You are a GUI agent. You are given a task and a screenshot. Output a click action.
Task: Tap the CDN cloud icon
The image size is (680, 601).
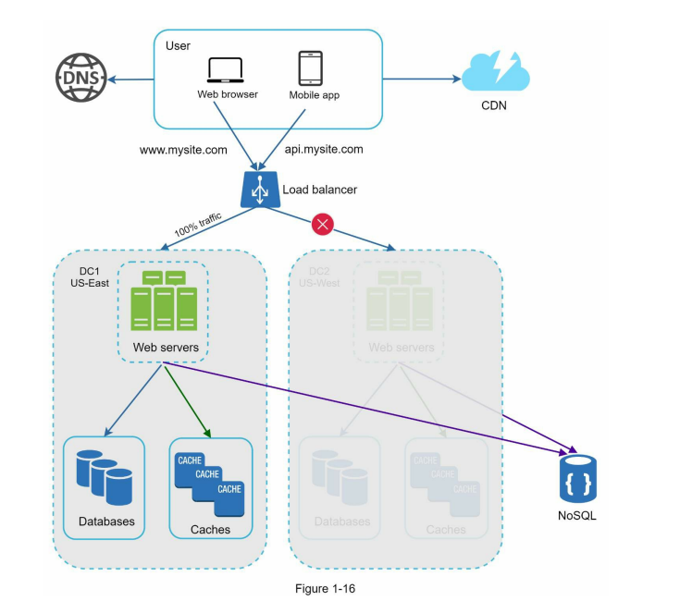(x=494, y=71)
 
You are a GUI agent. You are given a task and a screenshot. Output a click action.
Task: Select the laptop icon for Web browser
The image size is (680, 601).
(x=225, y=71)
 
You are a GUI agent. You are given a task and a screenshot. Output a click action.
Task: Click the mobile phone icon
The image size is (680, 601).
(x=309, y=68)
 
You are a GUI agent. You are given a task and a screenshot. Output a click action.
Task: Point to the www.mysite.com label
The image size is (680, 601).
(x=183, y=149)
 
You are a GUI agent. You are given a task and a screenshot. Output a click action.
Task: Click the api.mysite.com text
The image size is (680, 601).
(x=324, y=148)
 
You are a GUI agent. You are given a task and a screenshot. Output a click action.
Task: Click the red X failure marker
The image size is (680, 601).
(x=323, y=225)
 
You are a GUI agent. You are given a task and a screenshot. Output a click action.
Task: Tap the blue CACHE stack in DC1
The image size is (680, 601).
(x=210, y=483)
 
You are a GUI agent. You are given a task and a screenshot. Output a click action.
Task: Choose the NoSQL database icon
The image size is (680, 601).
(x=576, y=479)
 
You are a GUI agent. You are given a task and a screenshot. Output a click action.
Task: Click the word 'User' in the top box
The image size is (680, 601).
(x=178, y=46)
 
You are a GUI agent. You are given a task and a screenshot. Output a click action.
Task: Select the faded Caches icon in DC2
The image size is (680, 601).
(x=446, y=483)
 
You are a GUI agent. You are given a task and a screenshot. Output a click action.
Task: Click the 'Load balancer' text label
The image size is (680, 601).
(x=319, y=190)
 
